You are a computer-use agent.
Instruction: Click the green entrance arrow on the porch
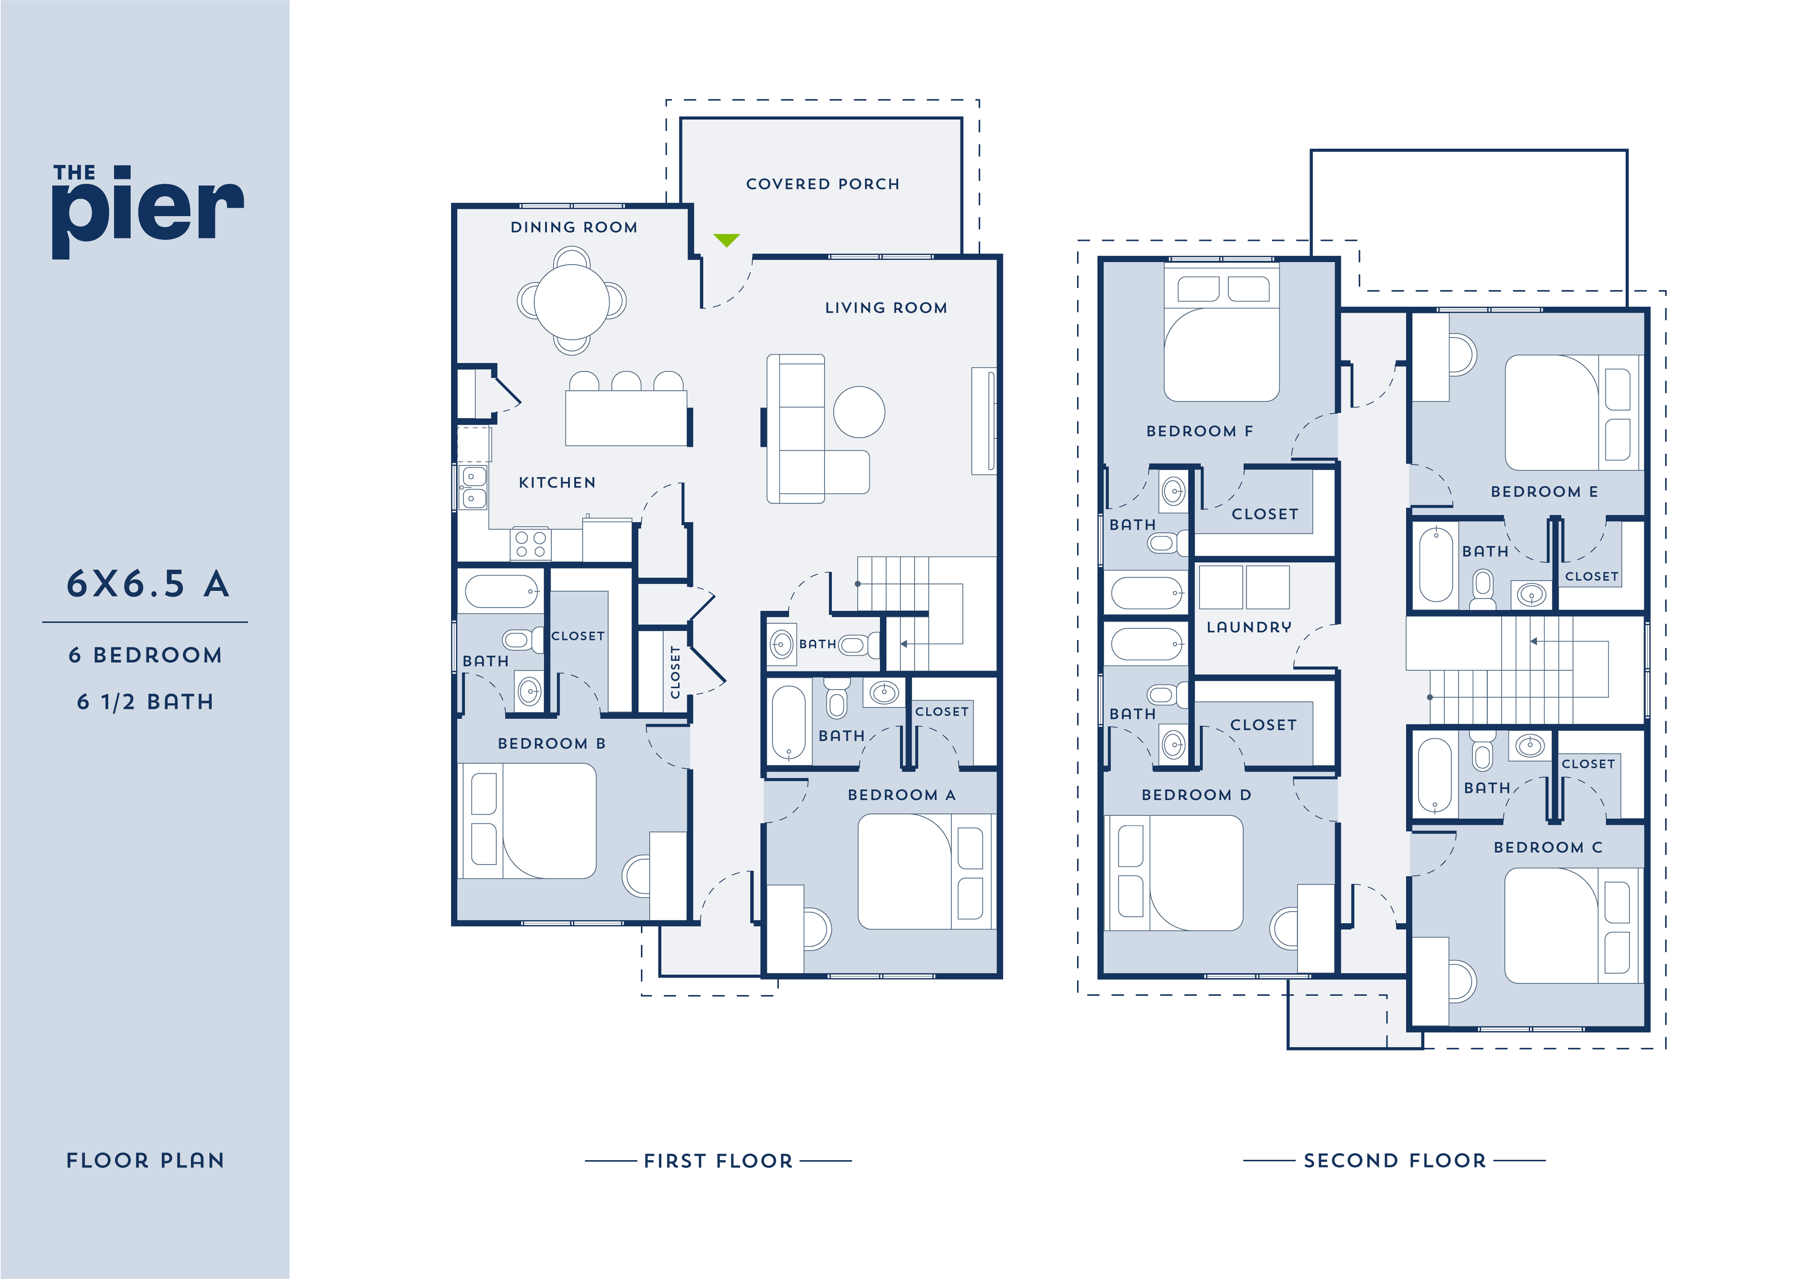pos(726,239)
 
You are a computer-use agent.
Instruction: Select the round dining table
pos(572,301)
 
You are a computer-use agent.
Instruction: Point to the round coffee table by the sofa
pos(859,412)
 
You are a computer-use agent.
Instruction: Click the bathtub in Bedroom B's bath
pos(501,592)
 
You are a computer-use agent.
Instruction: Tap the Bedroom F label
pos(1199,431)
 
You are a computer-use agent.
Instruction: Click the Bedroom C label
pos(1548,847)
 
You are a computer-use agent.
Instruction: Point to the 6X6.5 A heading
pos(147,585)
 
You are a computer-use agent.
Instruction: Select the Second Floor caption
pos(1394,1160)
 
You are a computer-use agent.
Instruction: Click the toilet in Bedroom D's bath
pos(1164,694)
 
